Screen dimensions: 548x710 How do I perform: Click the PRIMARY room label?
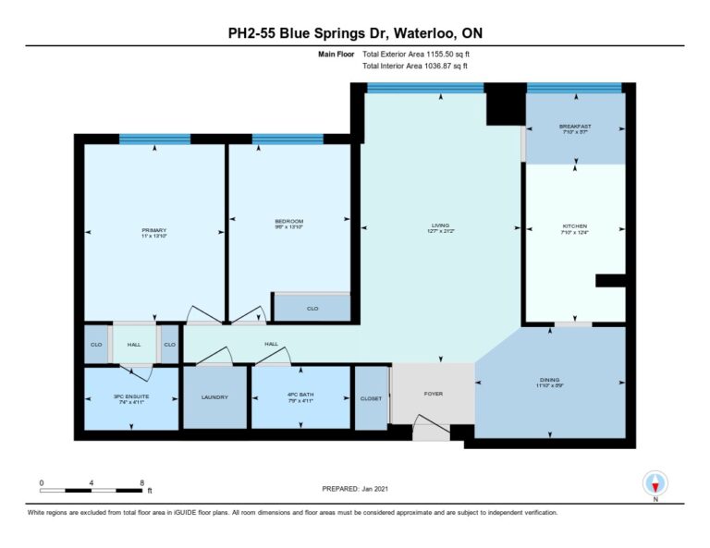click(x=153, y=230)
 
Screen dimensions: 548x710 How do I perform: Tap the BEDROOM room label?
click(x=288, y=221)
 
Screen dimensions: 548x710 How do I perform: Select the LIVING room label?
click(x=439, y=225)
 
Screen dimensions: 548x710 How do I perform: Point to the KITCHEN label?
click(x=575, y=226)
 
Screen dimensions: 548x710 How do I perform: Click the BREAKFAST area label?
click(x=575, y=127)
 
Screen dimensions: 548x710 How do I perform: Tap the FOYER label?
click(x=433, y=394)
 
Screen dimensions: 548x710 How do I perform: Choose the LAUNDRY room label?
click(x=214, y=397)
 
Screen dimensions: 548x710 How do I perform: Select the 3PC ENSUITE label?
click(x=131, y=397)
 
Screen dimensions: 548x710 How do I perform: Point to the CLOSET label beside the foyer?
click(x=372, y=397)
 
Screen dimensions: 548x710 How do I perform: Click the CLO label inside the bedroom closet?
click(x=312, y=309)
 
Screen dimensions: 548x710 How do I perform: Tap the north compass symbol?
click(x=655, y=483)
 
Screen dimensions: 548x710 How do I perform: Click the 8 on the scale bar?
click(x=141, y=482)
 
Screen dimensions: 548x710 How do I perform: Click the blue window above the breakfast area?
click(x=574, y=88)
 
